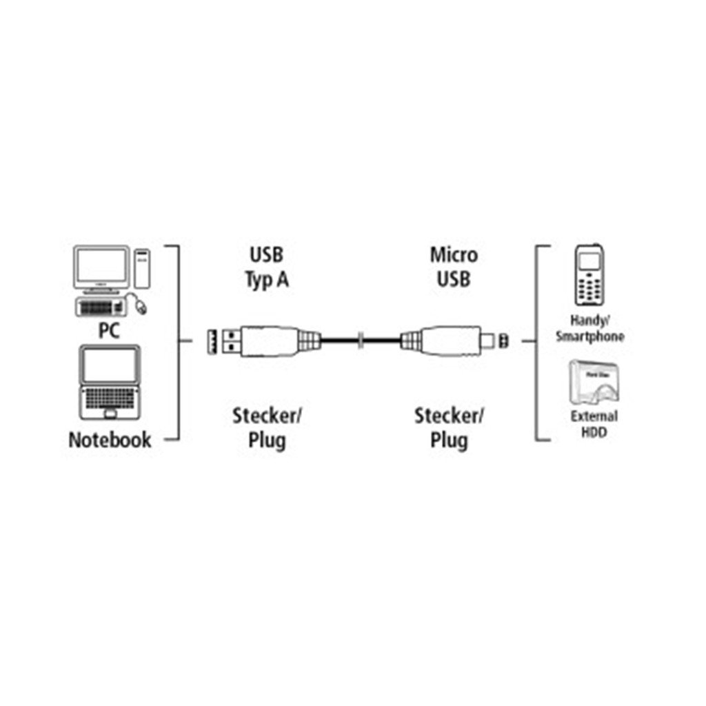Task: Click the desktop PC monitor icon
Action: (x=102, y=269)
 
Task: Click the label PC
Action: (x=108, y=330)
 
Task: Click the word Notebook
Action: (x=110, y=440)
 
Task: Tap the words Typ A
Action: (x=265, y=281)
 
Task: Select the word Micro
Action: (x=453, y=255)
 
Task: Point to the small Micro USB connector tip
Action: (x=490, y=339)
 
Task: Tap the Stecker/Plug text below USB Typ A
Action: (x=268, y=427)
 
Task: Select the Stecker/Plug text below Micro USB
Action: (x=450, y=427)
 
